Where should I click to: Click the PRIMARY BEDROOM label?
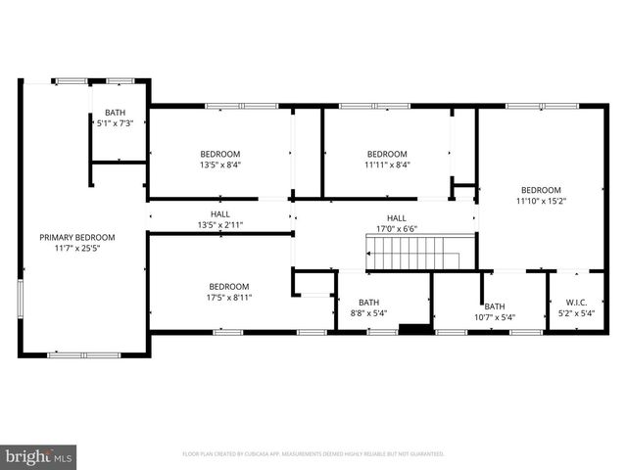(77, 237)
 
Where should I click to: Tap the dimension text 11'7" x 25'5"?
(77, 248)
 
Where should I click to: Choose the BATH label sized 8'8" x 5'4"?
(368, 303)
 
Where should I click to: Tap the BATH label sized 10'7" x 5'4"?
(494, 305)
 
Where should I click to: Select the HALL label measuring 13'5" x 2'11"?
(219, 214)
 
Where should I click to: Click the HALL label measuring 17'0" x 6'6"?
(396, 218)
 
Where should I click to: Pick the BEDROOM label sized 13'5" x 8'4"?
(219, 154)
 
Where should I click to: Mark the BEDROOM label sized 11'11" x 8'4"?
(387, 154)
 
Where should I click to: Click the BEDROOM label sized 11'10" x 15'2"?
(541, 190)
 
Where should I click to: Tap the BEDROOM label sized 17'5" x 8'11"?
(227, 286)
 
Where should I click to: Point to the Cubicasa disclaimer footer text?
(313, 454)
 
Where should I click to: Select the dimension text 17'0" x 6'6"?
(396, 230)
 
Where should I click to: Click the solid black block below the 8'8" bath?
(416, 329)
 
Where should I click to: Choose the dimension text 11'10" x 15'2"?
(541, 201)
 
